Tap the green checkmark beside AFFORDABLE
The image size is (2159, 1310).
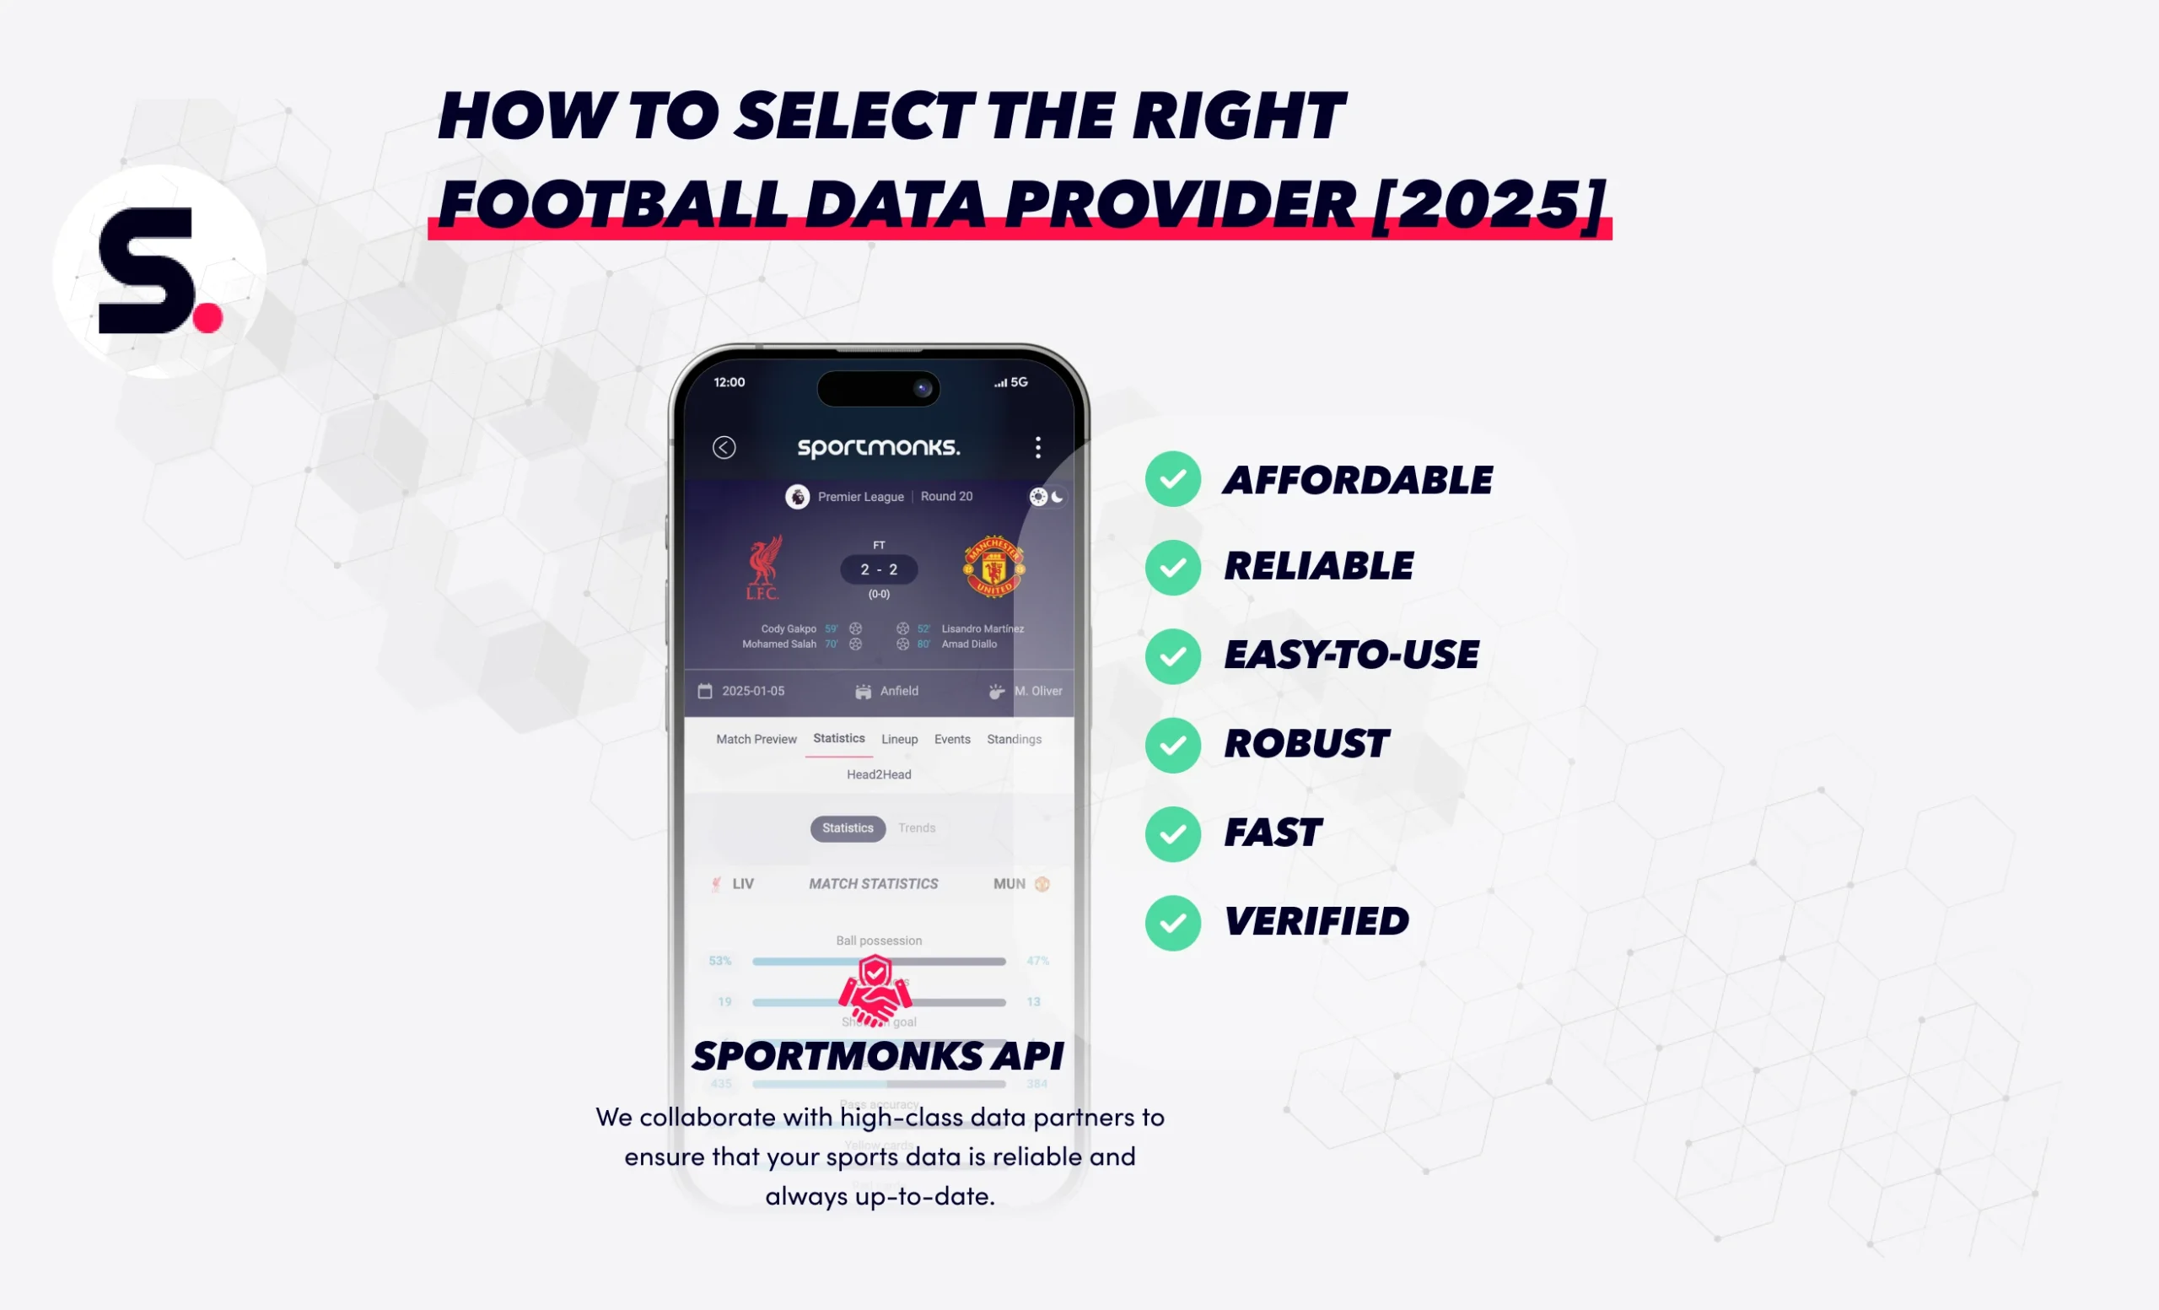pyautogui.click(x=1172, y=479)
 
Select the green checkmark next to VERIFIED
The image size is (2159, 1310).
pyautogui.click(x=1172, y=923)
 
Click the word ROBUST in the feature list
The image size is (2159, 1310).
pyautogui.click(x=1306, y=744)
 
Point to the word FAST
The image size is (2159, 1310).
pyautogui.click(x=1273, y=833)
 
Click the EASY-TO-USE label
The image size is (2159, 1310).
pyautogui.click(x=1351, y=655)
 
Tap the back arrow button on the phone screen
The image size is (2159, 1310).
pyautogui.click(x=724, y=448)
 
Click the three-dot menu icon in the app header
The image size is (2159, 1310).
pyautogui.click(x=1037, y=448)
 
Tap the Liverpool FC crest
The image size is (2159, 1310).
pyautogui.click(x=763, y=569)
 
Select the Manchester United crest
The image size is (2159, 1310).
pyautogui.click(x=993, y=567)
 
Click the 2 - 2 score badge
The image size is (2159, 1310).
pyautogui.click(x=879, y=569)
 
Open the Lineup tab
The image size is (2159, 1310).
pyautogui.click(x=899, y=740)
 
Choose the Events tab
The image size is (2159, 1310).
pyautogui.click(x=951, y=740)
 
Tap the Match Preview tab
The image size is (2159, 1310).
pyautogui.click(x=756, y=740)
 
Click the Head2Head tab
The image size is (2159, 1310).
pyautogui.click(x=879, y=774)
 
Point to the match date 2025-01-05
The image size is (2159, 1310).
pyautogui.click(x=752, y=692)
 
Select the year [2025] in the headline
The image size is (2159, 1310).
pyautogui.click(x=1489, y=203)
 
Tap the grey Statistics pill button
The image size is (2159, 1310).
pyautogui.click(x=848, y=828)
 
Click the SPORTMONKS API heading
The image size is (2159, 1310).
pyautogui.click(x=878, y=1057)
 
